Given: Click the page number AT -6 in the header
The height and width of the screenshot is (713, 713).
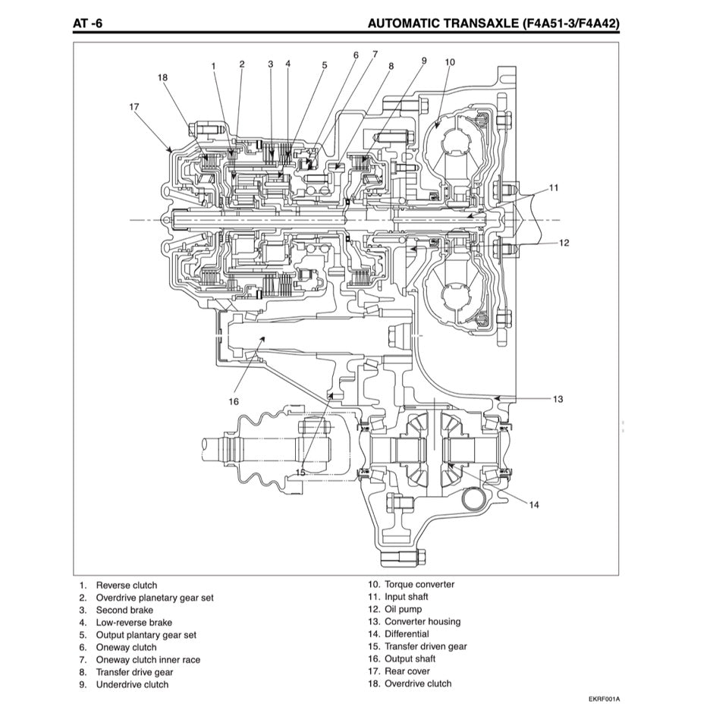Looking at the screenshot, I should [x=87, y=24].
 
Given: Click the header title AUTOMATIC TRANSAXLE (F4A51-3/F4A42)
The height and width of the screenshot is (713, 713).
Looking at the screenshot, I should [x=493, y=24].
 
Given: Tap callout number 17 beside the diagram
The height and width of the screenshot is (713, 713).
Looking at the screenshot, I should [x=134, y=107].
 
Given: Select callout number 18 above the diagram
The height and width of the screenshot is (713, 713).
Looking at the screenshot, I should [x=162, y=77].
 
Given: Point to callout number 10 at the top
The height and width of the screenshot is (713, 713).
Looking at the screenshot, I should [x=449, y=61].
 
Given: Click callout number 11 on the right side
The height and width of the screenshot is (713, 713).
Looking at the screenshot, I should [x=554, y=187].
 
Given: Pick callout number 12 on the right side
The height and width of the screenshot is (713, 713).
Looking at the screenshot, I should [x=564, y=243].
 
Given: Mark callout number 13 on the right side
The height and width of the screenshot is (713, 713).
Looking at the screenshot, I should [x=558, y=399].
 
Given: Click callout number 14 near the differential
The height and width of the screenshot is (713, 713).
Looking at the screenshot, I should [x=534, y=504].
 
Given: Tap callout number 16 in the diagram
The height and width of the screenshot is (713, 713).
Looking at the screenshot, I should [x=233, y=401].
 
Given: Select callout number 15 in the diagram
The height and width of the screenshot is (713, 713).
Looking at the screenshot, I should [x=300, y=472].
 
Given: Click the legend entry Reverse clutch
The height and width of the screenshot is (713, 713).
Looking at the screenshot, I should [x=126, y=585].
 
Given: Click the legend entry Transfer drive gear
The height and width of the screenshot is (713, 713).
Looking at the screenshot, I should [x=134, y=672].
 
